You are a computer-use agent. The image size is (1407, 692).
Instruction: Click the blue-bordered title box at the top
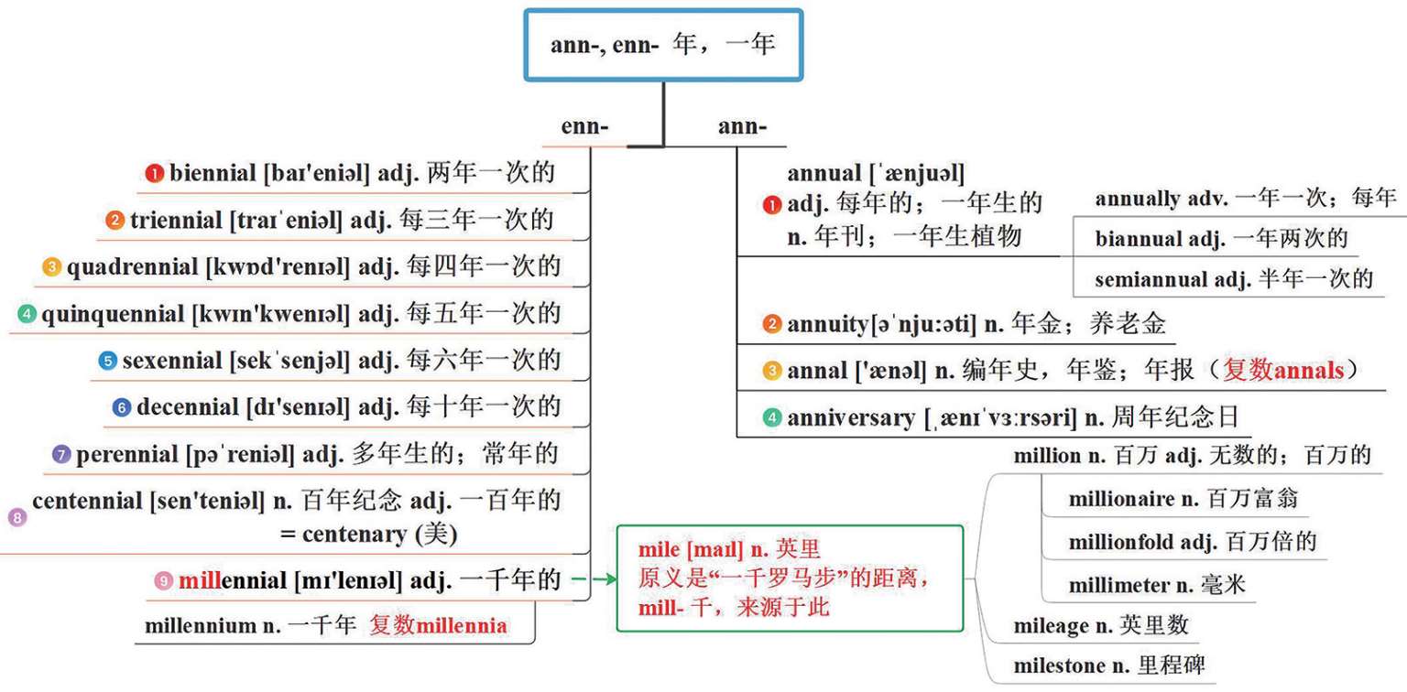pyautogui.click(x=663, y=45)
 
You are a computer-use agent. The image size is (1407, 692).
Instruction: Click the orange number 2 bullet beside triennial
pyautogui.click(x=115, y=221)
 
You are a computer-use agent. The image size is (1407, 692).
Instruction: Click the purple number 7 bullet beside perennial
pyautogui.click(x=61, y=454)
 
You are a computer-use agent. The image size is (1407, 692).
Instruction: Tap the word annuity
pyautogui.click(x=827, y=323)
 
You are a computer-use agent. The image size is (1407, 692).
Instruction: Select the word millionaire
pyautogui.click(x=1121, y=500)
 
